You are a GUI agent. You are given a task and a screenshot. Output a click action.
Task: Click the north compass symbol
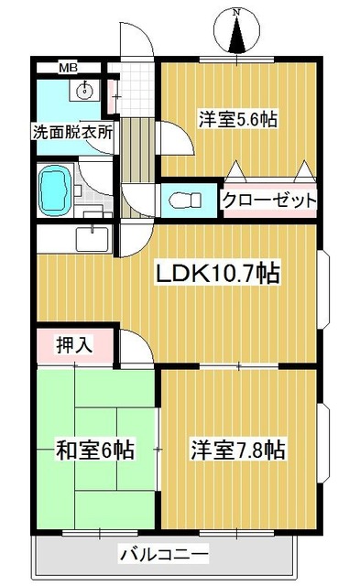(236, 34)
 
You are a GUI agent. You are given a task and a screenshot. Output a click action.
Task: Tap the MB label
(70, 67)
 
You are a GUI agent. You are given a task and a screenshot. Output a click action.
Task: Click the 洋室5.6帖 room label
(238, 118)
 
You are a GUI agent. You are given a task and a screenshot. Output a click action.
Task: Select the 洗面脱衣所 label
(72, 131)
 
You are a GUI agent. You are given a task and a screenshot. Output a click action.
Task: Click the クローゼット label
(269, 200)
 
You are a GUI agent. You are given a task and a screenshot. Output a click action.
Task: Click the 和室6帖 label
(95, 450)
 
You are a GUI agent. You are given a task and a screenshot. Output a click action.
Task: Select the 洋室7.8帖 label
(238, 450)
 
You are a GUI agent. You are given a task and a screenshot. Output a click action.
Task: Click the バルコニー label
(164, 554)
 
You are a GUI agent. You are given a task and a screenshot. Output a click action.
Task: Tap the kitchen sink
(91, 239)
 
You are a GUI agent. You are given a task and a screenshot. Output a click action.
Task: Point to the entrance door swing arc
(134, 42)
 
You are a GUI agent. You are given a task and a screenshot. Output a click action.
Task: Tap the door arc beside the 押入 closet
(133, 347)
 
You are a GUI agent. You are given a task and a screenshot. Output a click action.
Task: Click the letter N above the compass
(236, 11)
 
